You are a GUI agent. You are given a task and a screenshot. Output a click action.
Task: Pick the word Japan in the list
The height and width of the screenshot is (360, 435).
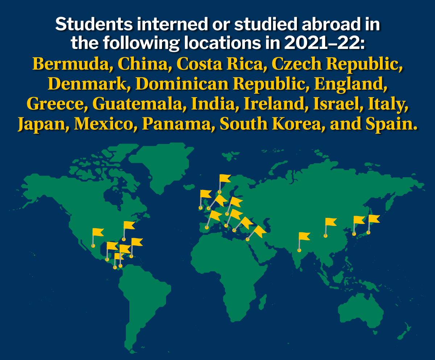[42, 124]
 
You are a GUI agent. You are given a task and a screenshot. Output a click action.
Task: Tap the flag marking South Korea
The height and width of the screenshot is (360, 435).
[359, 220]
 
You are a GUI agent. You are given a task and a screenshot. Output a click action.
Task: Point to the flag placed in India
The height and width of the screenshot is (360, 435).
[304, 236]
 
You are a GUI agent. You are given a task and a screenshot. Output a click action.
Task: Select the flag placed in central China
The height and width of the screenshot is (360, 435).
[331, 222]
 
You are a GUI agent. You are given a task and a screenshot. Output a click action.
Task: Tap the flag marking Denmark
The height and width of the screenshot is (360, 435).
[225, 178]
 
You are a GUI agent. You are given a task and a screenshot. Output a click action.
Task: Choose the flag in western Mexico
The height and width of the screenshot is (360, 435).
[98, 232]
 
